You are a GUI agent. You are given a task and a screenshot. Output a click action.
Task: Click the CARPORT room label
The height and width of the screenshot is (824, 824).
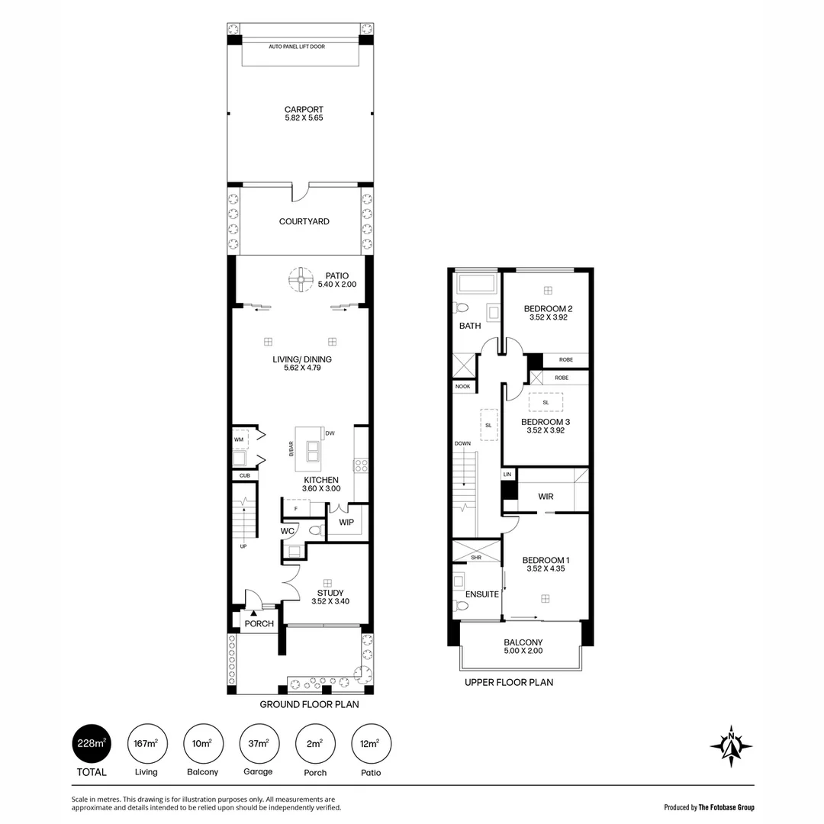[304, 109]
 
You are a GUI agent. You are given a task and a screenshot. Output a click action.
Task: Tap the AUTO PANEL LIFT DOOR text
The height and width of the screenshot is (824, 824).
[297, 47]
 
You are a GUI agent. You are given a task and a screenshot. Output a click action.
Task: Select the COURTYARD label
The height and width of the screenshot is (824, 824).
[304, 221]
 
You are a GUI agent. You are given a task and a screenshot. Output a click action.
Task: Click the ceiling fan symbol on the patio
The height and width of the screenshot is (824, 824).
[301, 279]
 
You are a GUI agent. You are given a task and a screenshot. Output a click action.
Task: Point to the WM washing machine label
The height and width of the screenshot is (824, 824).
[239, 439]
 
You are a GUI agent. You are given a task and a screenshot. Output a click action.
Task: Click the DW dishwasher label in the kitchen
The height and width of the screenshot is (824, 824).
[330, 433]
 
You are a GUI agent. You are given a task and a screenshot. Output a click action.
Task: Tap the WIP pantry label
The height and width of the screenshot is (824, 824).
[346, 523]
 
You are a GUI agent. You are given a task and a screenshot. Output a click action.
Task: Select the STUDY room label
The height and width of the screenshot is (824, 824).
[330, 593]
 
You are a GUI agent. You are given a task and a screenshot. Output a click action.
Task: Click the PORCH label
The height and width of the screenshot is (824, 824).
[259, 624]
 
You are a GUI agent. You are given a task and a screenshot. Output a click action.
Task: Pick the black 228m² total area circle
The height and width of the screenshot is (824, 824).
[92, 744]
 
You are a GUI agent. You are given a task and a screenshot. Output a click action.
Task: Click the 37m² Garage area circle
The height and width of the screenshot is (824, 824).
[259, 744]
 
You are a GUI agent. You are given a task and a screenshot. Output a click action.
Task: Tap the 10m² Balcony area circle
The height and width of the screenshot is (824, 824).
[204, 744]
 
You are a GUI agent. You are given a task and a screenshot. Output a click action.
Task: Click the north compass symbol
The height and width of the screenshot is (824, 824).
[731, 745]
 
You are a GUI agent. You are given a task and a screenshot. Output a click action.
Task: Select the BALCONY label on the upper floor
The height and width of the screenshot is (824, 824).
[523, 642]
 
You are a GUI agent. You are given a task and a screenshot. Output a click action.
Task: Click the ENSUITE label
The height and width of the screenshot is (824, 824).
[482, 594]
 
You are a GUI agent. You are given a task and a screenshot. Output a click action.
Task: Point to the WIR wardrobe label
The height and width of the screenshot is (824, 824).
[546, 497]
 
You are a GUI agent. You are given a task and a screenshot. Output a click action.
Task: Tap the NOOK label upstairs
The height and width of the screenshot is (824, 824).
[463, 386]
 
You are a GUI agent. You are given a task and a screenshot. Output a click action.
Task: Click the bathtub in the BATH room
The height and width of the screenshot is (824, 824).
[477, 285]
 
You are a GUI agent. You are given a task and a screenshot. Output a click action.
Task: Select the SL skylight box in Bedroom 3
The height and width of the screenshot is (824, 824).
[546, 403]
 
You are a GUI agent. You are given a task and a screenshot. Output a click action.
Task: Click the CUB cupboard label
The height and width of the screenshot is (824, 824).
[245, 475]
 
